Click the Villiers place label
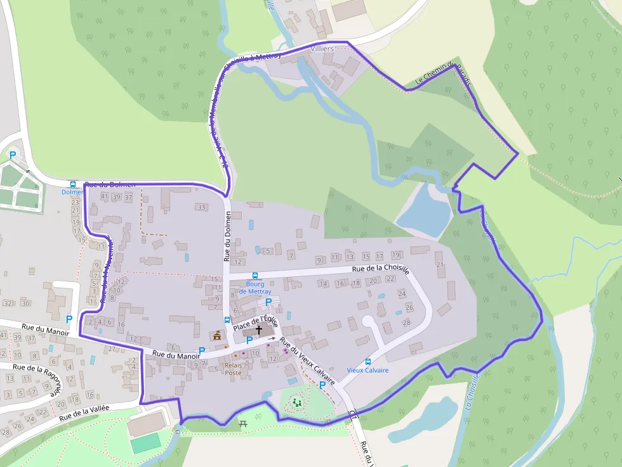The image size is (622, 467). [x=323, y=49]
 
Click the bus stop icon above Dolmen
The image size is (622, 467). [x=72, y=184]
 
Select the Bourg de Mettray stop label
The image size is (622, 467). [x=255, y=288]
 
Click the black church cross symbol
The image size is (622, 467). [x=258, y=330]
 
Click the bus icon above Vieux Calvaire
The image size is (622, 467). [x=368, y=362]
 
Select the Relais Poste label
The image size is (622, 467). [x=233, y=369]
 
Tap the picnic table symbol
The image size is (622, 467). [x=243, y=423]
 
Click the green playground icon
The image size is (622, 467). [x=296, y=402]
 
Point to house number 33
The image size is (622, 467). [x=202, y=207]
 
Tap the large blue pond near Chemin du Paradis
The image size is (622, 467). [x=425, y=210]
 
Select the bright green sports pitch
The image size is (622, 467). [x=145, y=444]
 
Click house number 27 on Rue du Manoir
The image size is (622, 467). [x=112, y=349]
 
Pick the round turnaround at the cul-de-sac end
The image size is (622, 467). [x=368, y=322]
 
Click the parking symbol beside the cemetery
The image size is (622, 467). [x=12, y=155]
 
